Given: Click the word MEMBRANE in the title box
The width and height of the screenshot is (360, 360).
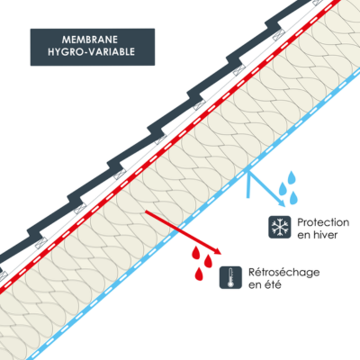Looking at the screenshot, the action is click(x=90, y=40).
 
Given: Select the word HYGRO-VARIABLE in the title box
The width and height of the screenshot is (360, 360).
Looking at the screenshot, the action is click(x=91, y=52).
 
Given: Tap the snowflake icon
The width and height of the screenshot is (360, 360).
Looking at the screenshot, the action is click(x=280, y=227).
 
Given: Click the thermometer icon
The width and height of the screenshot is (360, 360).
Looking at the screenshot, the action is click(x=230, y=277).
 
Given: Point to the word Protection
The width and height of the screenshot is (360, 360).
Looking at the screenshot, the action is click(x=323, y=222).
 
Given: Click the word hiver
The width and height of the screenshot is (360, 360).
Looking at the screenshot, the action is click(x=326, y=235).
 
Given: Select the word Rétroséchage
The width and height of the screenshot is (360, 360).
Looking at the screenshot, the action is click(x=283, y=273).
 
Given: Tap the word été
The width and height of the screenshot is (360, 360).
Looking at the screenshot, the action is click(x=273, y=284).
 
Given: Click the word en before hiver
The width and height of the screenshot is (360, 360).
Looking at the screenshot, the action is click(x=303, y=236).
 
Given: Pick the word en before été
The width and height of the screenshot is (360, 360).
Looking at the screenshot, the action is click(x=255, y=285).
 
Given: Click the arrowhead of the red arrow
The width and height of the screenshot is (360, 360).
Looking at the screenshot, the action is click(x=218, y=251).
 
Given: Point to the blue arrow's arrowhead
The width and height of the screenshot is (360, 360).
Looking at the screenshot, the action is click(x=282, y=202).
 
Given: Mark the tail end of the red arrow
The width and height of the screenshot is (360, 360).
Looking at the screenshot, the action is click(x=146, y=211).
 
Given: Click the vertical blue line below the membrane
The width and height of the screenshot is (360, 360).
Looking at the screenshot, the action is click(x=247, y=184).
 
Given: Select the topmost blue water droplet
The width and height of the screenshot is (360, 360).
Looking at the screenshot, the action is click(x=292, y=177).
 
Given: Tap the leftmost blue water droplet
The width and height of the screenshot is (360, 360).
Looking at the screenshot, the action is click(x=283, y=189).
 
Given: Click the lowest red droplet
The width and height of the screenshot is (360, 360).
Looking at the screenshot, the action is click(x=199, y=274).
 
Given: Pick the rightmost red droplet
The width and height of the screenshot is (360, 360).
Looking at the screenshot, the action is click(x=208, y=262).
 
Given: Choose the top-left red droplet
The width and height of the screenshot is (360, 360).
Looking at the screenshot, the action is click(x=196, y=253).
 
